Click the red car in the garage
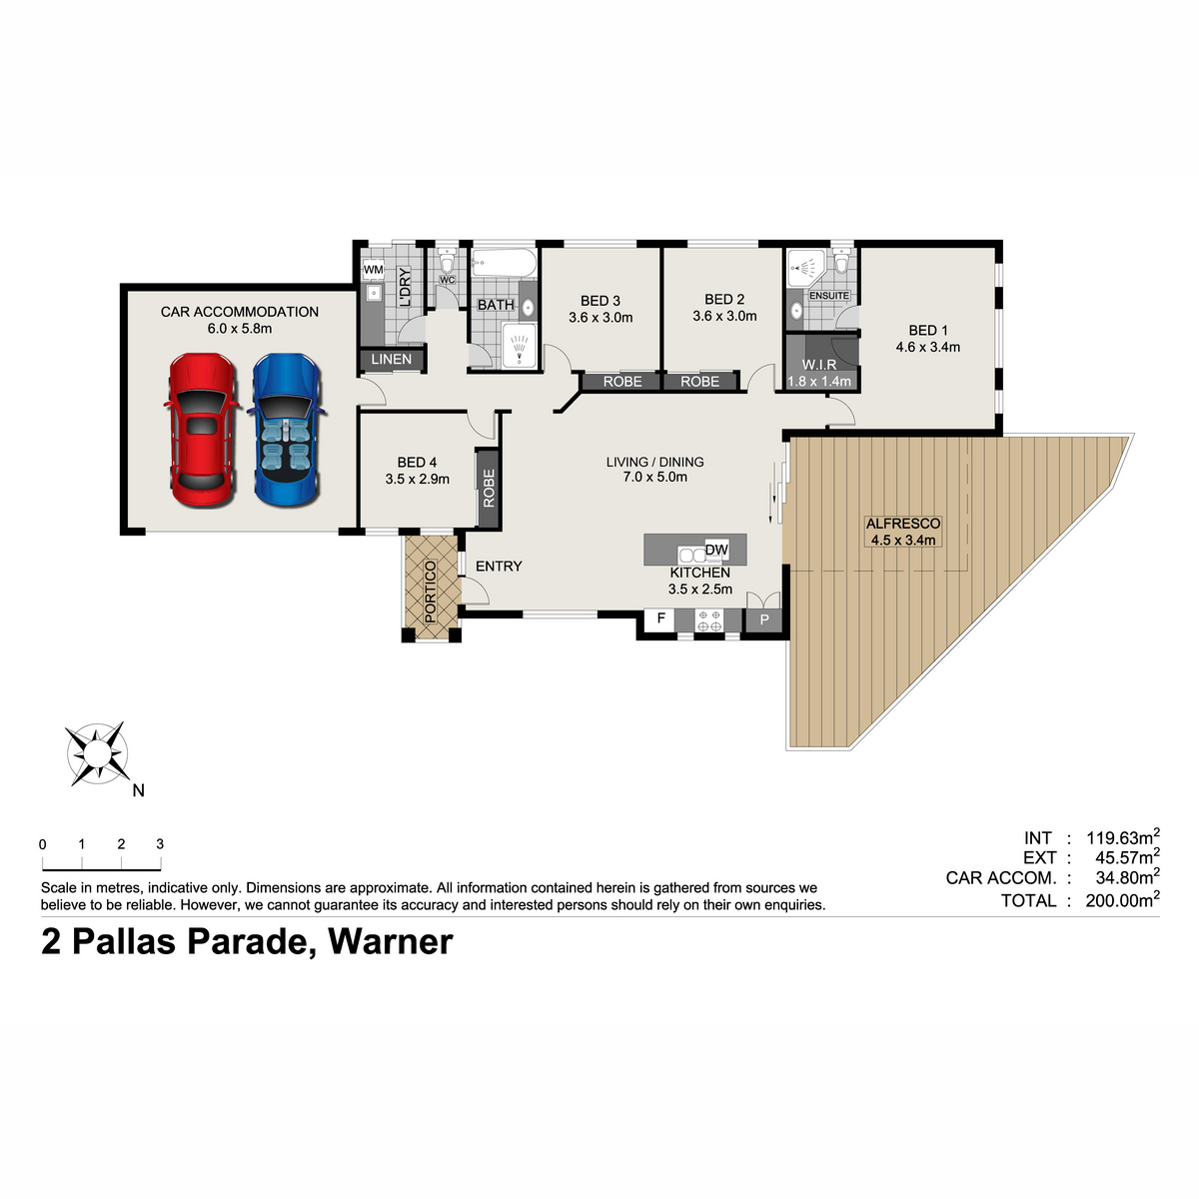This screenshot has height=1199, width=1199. (202, 430)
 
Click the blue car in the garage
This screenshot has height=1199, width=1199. (287, 430)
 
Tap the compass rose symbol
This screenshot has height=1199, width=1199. (98, 753)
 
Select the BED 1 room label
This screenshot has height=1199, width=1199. (927, 330)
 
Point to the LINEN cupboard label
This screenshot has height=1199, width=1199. (392, 359)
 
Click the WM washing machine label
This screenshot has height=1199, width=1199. (374, 270)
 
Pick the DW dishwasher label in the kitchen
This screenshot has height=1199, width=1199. (716, 550)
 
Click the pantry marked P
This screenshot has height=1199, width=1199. (764, 619)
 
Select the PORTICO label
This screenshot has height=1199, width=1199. (430, 592)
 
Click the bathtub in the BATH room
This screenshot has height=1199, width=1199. (504, 263)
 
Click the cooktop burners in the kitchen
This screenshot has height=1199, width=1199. (709, 620)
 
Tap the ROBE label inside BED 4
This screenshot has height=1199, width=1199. (489, 489)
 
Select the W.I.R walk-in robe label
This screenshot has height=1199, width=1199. (819, 365)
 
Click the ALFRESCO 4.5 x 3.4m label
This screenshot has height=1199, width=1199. (903, 532)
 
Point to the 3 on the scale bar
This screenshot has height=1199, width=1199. (160, 843)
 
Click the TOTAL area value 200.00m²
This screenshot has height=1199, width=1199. (1122, 899)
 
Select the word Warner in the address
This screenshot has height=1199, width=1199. (390, 941)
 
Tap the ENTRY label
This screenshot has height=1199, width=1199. (499, 567)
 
